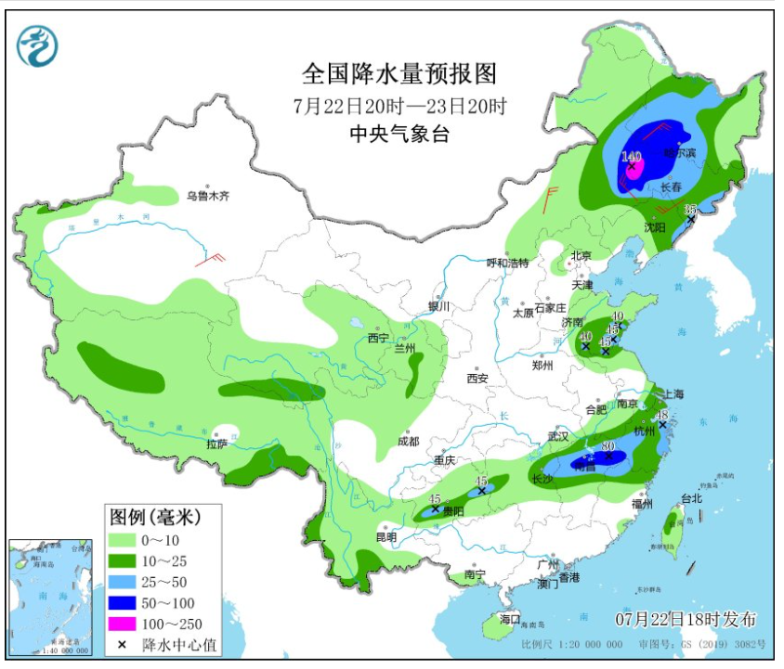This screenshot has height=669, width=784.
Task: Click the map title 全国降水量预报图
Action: pos(399,73)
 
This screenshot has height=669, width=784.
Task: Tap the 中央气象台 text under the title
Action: pos(399,134)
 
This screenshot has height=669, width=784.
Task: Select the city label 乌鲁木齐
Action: pos(206,196)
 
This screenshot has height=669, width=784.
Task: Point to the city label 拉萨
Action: pos(216,444)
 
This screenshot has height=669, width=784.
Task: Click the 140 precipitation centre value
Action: pos(632,156)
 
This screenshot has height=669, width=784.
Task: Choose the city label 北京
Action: pos(581,255)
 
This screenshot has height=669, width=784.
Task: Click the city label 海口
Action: pos(509,619)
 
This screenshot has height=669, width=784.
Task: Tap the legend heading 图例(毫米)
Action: pos(154,516)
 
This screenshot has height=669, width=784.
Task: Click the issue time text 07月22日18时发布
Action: pos(686,619)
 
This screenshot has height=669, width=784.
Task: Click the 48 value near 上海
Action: pos(663,415)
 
